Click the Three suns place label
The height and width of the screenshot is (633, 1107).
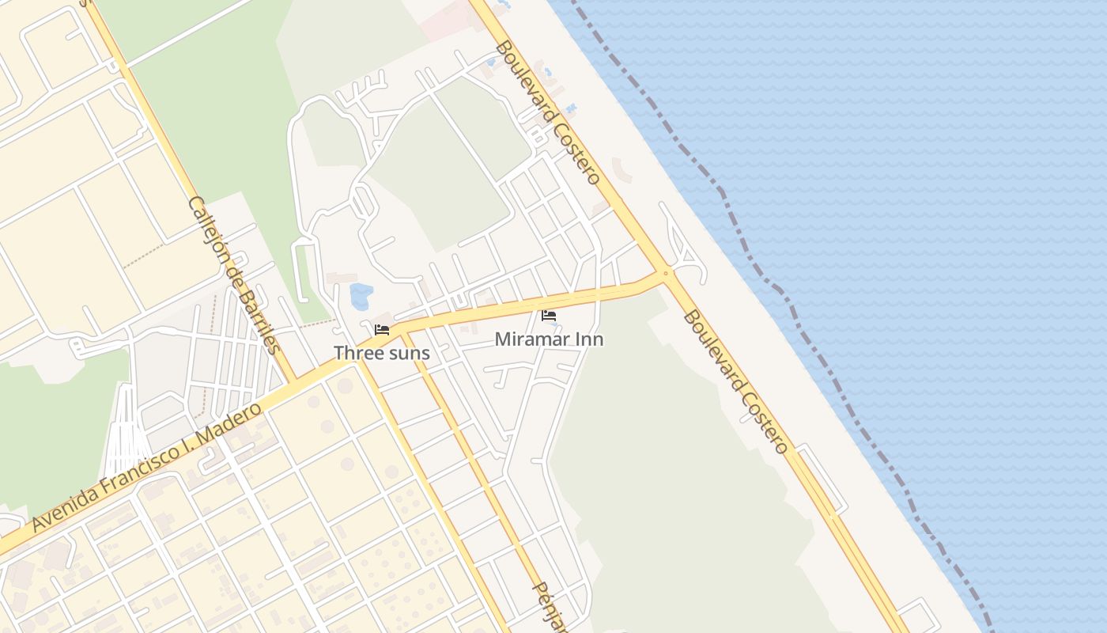[x=381, y=353]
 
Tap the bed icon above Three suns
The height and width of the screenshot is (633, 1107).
[x=382, y=329]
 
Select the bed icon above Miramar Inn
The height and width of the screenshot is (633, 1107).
[x=548, y=316]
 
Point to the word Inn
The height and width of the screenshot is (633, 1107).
[x=590, y=339]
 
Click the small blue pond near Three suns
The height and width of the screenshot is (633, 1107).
[x=361, y=295]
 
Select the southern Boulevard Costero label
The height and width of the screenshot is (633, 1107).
[x=735, y=381]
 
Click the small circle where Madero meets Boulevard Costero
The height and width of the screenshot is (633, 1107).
[x=666, y=274]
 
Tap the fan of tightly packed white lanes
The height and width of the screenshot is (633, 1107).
[x=125, y=431]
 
